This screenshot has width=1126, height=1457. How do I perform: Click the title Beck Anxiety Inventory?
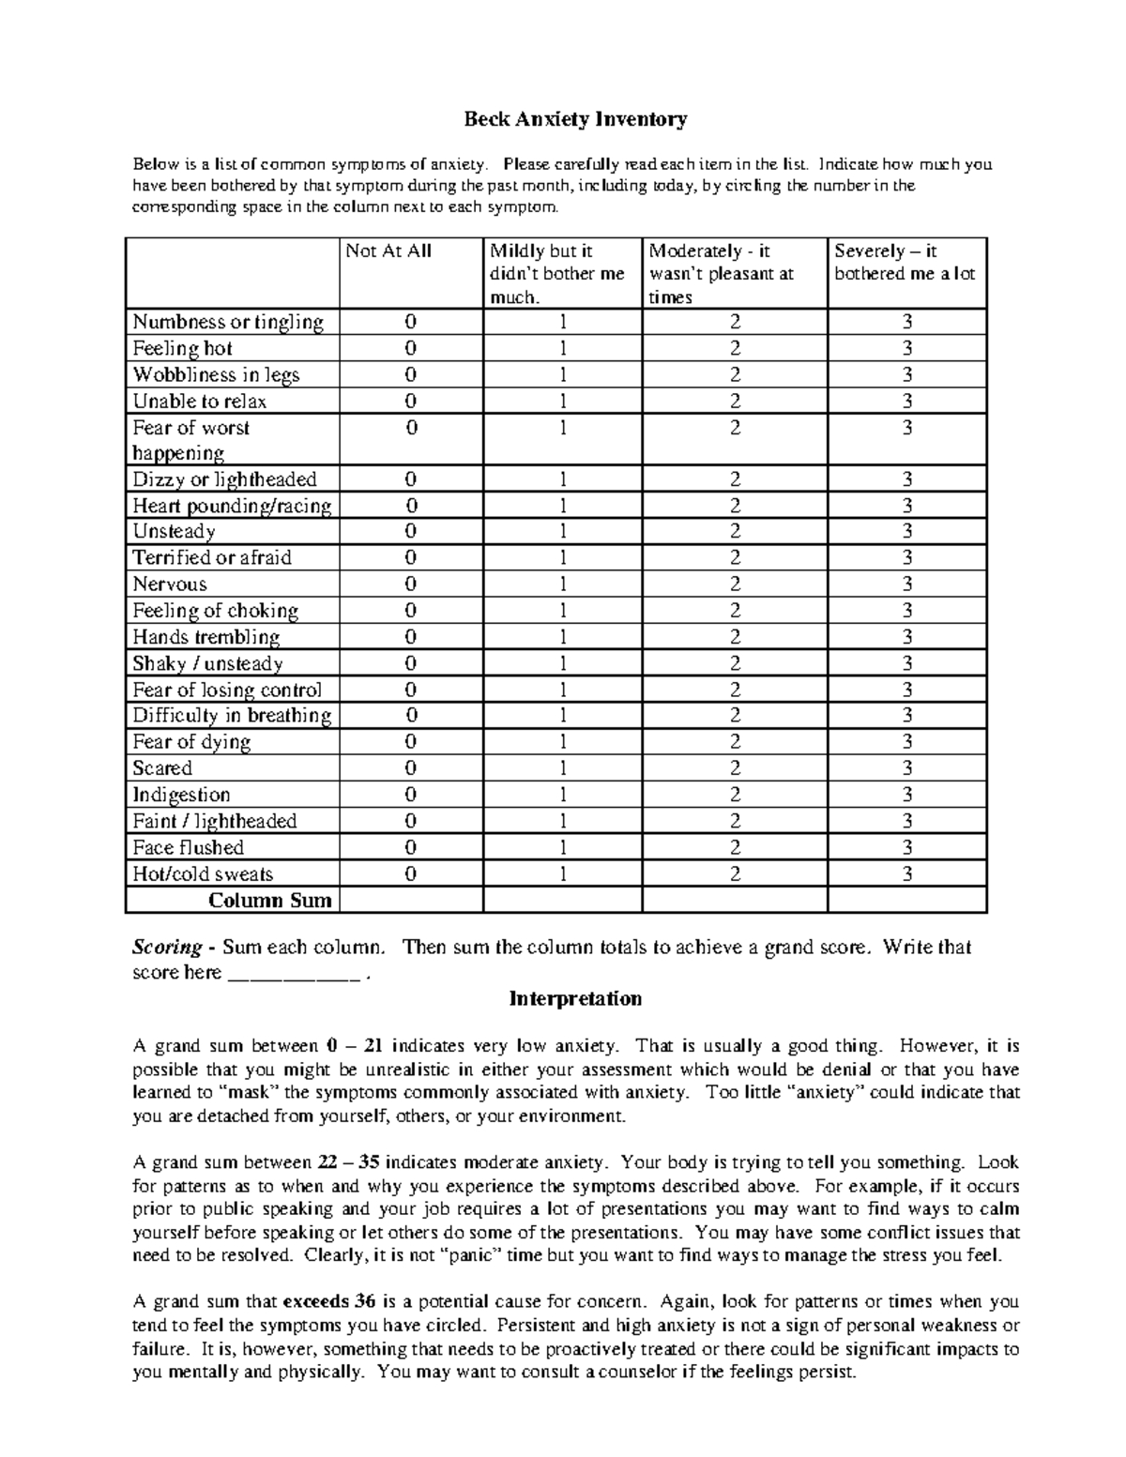pyautogui.click(x=576, y=119)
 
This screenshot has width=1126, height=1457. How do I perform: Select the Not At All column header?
pyautogui.click(x=388, y=251)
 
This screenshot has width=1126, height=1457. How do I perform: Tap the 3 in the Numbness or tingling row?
pyautogui.click(x=906, y=322)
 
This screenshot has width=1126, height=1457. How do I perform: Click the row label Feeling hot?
pyautogui.click(x=182, y=348)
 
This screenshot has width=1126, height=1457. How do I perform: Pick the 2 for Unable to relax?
pyautogui.click(x=735, y=402)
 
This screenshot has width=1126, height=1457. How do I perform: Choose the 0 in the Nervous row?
pyautogui.click(x=411, y=584)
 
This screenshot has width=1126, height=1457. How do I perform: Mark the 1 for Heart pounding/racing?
pyautogui.click(x=563, y=506)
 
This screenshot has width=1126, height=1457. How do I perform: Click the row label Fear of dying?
pyautogui.click(x=191, y=742)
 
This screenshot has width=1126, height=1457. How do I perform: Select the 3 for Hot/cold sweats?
pyautogui.click(x=906, y=874)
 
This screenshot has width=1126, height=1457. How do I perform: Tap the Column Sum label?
pyautogui.click(x=270, y=901)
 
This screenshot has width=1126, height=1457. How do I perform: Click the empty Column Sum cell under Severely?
pyautogui.click(x=906, y=901)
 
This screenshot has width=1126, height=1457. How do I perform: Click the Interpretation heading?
pyautogui.click(x=575, y=998)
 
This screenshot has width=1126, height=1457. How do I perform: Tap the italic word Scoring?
pyautogui.click(x=167, y=947)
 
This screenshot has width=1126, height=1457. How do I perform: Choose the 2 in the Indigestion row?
pyautogui.click(x=735, y=795)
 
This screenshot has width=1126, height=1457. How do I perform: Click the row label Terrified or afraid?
pyautogui.click(x=212, y=557)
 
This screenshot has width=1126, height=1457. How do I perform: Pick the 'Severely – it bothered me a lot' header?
pyautogui.click(x=905, y=263)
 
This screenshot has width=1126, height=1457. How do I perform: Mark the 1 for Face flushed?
pyautogui.click(x=563, y=848)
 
